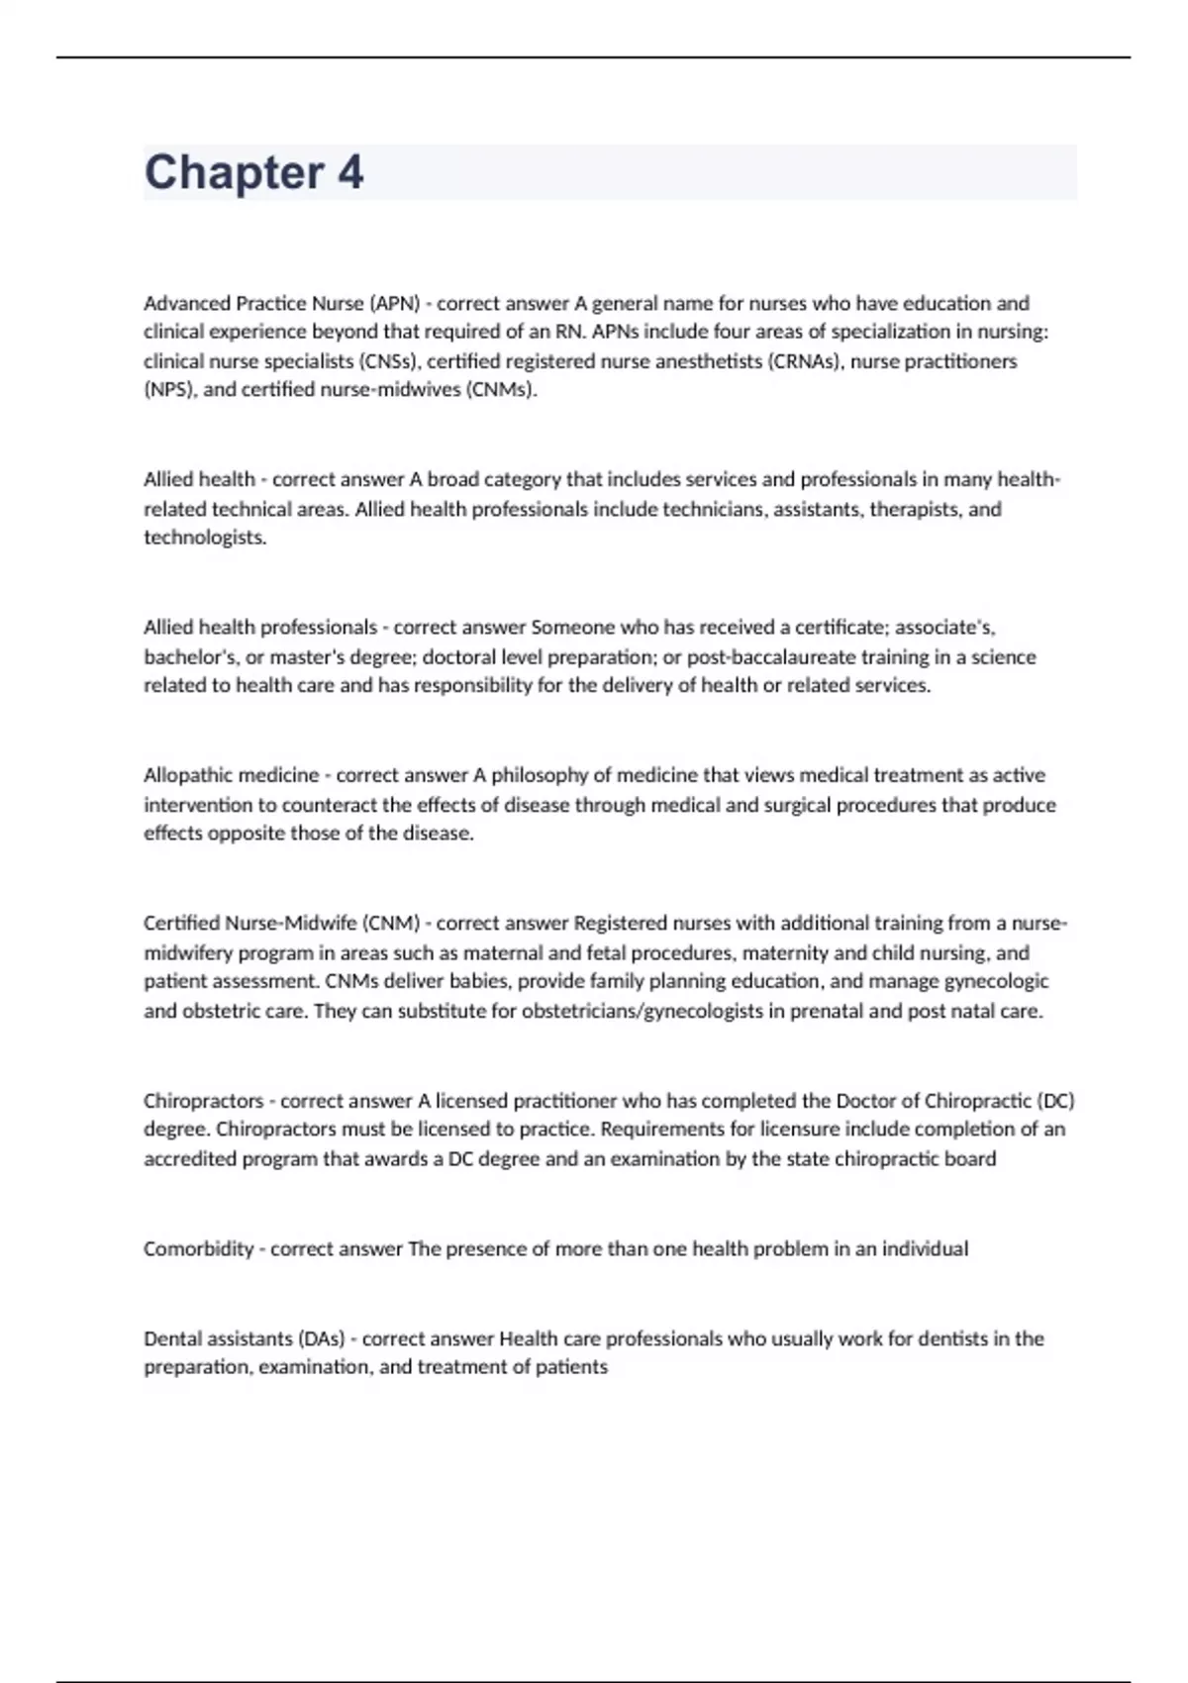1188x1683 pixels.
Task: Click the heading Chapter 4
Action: pos(253,172)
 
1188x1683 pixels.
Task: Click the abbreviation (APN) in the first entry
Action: pos(395,303)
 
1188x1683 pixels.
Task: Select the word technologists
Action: pos(204,538)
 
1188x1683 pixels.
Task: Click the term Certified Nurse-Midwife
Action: pos(249,923)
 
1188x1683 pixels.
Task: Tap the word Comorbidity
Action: pos(198,1249)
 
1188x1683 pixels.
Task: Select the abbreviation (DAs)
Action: pos(321,1338)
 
